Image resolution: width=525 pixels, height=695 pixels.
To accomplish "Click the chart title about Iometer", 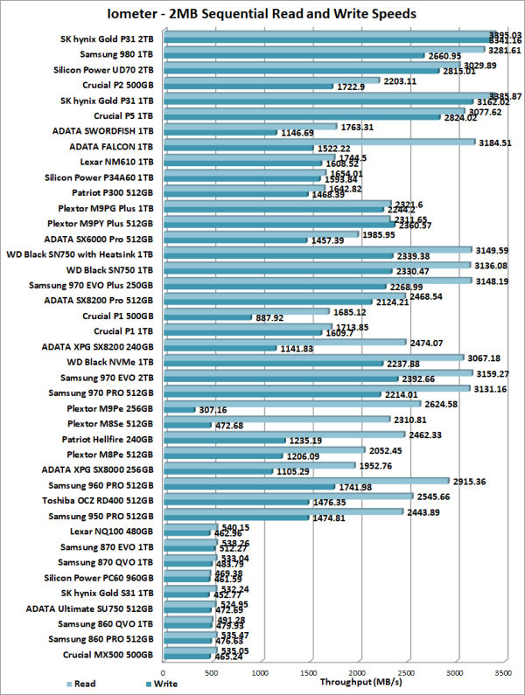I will click(x=262, y=14).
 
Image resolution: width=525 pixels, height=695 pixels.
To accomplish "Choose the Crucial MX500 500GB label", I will click(x=110, y=654).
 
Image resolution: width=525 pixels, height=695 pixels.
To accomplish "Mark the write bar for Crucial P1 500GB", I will click(x=207, y=317).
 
